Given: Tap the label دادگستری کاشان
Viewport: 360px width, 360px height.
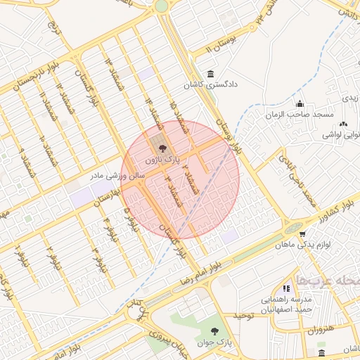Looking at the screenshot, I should [212, 85].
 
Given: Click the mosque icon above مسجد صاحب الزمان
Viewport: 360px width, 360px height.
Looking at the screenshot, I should [300, 103].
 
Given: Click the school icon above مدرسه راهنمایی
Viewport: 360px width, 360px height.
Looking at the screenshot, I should [285, 288].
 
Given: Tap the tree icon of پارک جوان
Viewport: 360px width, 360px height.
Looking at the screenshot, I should [214, 331].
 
